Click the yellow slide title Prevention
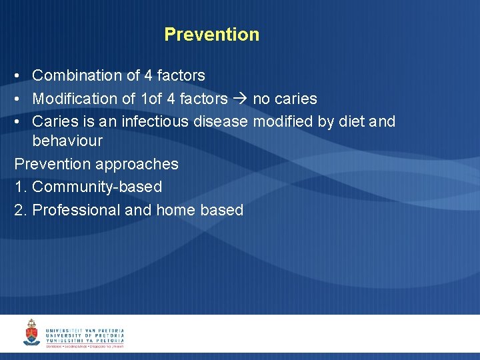pyautogui.click(x=211, y=35)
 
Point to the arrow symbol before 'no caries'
pyautogui.click(x=239, y=99)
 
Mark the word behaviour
pyautogui.click(x=67, y=141)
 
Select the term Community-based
pyautogui.click(x=97, y=187)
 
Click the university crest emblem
pyautogui.click(x=31, y=333)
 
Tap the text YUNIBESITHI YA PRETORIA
pyautogui.click(x=85, y=341)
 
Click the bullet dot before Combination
pyautogui.click(x=18, y=76)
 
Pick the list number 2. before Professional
pyautogui.click(x=21, y=210)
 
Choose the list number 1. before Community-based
pyautogui.click(x=21, y=187)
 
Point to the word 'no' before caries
pyautogui.click(x=261, y=99)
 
